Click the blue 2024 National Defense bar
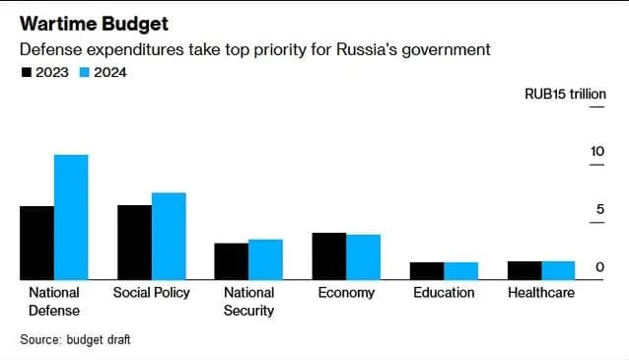(71, 217)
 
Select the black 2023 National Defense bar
(36, 243)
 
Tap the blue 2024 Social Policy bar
(169, 237)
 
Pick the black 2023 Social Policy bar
(135, 243)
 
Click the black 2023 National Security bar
(232, 261)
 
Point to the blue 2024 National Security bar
(266, 259)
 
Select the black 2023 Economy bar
(329, 256)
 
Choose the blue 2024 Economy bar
(364, 257)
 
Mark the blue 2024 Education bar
(461, 271)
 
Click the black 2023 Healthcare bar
(524, 270)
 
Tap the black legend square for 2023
(26, 73)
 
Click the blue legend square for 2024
(85, 73)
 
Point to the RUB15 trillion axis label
(565, 94)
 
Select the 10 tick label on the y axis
(597, 151)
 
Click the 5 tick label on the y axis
(600, 209)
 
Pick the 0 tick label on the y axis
(600, 267)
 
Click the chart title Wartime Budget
(95, 24)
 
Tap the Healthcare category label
(541, 293)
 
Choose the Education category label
(444, 293)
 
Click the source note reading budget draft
(99, 339)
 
